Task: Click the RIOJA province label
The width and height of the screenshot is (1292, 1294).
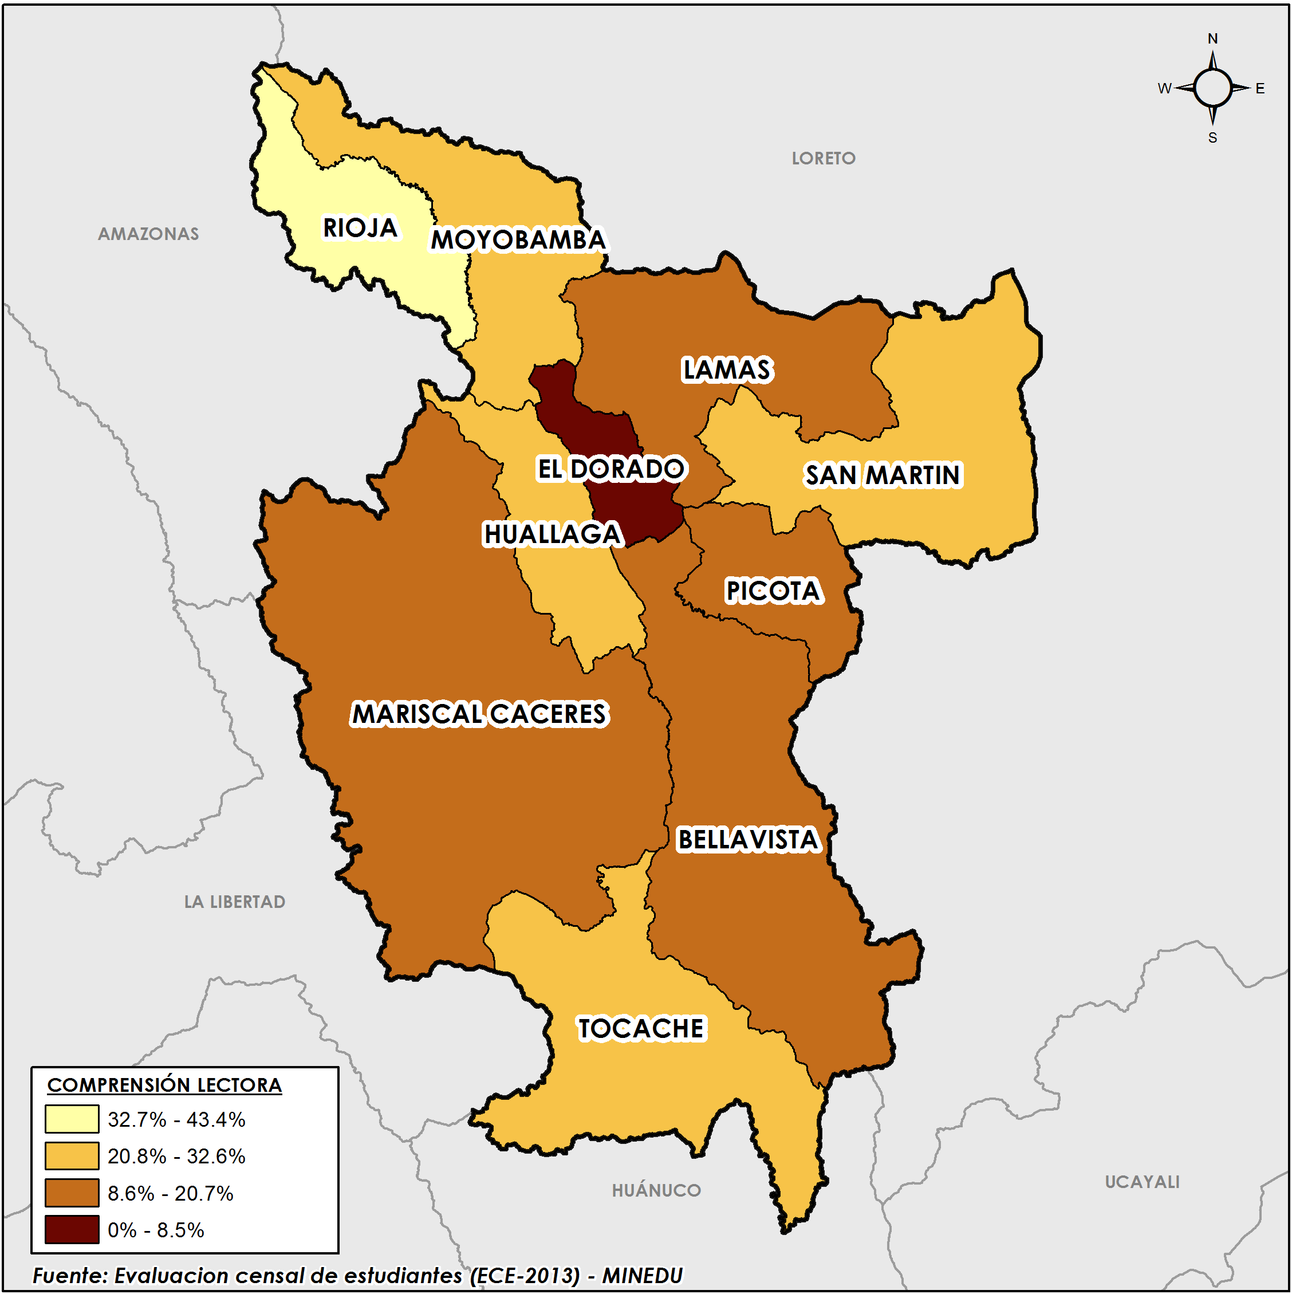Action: (x=360, y=228)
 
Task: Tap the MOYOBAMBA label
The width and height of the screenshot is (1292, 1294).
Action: (x=518, y=240)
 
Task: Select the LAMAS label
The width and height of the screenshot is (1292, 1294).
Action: (x=727, y=369)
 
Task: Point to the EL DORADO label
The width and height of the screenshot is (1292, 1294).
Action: (x=611, y=469)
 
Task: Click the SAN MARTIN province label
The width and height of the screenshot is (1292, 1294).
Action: (x=883, y=475)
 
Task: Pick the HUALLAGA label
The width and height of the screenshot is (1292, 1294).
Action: (x=553, y=534)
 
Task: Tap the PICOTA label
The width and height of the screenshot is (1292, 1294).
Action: (x=774, y=591)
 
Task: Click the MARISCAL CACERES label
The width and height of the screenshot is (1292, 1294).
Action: (x=479, y=714)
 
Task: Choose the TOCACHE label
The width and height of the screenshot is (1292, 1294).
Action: (x=641, y=1029)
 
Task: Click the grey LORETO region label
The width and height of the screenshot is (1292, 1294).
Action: (x=823, y=159)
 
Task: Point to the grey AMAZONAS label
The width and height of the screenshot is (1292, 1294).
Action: (x=149, y=234)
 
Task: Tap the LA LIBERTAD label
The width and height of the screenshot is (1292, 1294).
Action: (x=234, y=902)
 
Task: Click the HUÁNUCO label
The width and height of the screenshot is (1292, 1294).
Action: (x=656, y=1191)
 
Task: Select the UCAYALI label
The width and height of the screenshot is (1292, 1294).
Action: (x=1141, y=1182)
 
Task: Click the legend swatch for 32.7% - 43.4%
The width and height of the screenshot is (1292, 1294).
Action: (x=72, y=1119)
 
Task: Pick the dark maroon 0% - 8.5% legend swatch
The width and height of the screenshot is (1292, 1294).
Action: (x=72, y=1230)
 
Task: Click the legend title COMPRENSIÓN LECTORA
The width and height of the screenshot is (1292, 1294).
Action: (x=164, y=1085)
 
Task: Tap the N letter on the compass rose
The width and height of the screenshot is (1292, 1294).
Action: (x=1212, y=39)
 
